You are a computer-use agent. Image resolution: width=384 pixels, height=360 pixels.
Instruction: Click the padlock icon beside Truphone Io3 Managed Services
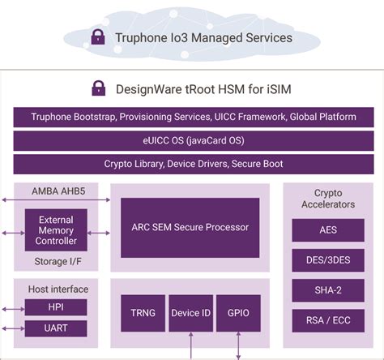[98, 36]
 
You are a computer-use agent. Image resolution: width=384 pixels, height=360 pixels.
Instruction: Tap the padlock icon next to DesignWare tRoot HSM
[98, 88]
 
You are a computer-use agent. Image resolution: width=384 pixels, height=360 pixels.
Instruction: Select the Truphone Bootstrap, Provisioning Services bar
[194, 117]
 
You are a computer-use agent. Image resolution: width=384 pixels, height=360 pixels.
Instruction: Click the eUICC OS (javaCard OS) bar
[194, 140]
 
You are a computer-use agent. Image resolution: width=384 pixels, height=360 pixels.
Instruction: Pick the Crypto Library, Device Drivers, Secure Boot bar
[194, 164]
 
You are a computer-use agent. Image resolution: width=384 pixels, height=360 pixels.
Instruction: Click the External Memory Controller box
[56, 230]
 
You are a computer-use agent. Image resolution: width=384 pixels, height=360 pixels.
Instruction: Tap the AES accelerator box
[327, 229]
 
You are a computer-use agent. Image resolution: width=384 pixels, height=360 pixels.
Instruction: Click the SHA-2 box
[327, 289]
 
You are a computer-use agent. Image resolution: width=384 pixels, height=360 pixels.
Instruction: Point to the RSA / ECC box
[327, 319]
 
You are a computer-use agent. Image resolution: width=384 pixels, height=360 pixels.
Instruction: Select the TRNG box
[143, 312]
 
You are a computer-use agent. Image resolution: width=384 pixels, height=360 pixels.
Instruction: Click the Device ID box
[190, 312]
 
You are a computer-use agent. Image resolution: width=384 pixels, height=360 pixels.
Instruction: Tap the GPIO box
[237, 312]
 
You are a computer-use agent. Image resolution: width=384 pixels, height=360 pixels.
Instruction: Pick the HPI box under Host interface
[56, 307]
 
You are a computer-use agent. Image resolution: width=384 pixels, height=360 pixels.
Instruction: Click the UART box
[56, 328]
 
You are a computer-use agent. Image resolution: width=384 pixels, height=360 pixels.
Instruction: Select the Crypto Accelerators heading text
[327, 199]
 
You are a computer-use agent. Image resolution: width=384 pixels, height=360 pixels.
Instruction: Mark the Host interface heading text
[58, 289]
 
